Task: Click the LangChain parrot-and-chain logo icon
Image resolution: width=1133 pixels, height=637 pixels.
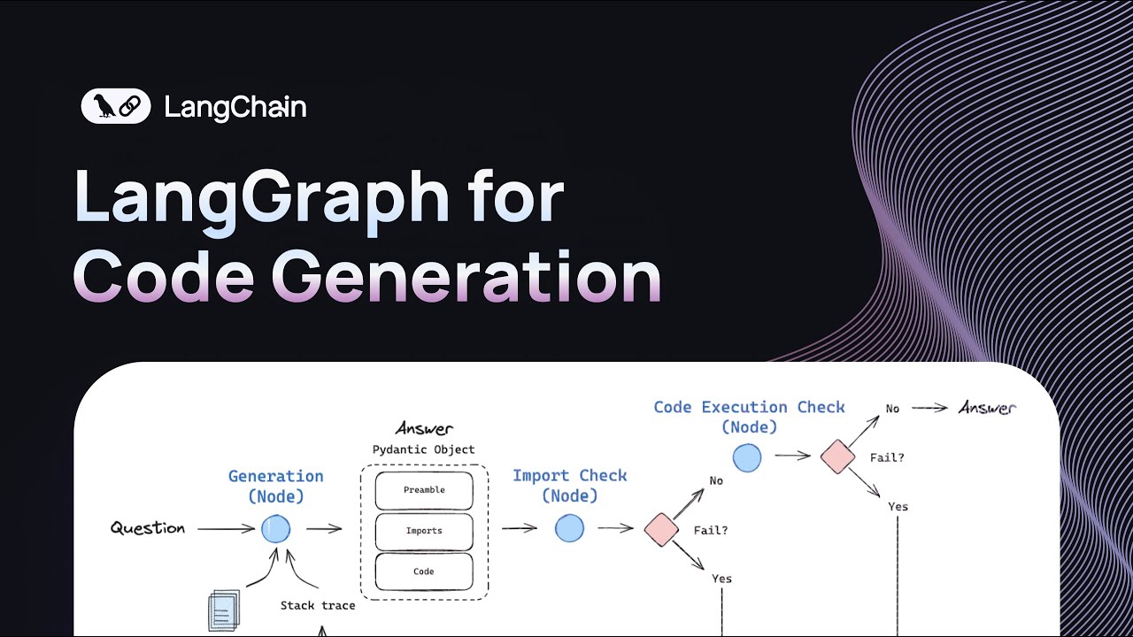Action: tap(116, 107)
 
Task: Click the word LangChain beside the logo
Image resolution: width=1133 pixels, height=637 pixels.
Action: tap(235, 108)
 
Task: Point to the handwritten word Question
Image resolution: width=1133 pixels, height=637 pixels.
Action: tap(148, 528)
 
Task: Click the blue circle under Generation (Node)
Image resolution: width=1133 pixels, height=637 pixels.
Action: tap(275, 529)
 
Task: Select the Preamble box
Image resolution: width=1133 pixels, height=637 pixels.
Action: tap(424, 490)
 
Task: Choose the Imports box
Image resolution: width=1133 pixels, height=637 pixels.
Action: tap(424, 531)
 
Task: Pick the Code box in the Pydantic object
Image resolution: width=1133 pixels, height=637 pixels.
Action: tap(424, 572)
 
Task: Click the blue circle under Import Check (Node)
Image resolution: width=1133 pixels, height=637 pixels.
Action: tap(569, 529)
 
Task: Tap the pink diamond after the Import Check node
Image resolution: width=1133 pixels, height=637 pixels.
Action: tap(660, 529)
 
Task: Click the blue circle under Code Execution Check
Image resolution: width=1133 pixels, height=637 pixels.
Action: tap(747, 457)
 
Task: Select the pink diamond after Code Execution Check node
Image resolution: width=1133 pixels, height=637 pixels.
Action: tap(836, 457)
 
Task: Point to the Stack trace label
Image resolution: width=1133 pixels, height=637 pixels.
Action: tap(318, 606)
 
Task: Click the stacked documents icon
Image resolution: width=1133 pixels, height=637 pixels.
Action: tap(223, 610)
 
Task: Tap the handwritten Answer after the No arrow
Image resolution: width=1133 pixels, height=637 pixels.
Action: tap(988, 408)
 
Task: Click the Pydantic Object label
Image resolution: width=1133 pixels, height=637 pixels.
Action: tap(423, 449)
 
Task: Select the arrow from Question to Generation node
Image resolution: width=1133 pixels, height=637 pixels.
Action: tap(226, 529)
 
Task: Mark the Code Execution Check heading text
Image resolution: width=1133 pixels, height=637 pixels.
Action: tap(749, 407)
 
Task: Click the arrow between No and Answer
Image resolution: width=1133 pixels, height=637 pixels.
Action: tap(930, 408)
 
